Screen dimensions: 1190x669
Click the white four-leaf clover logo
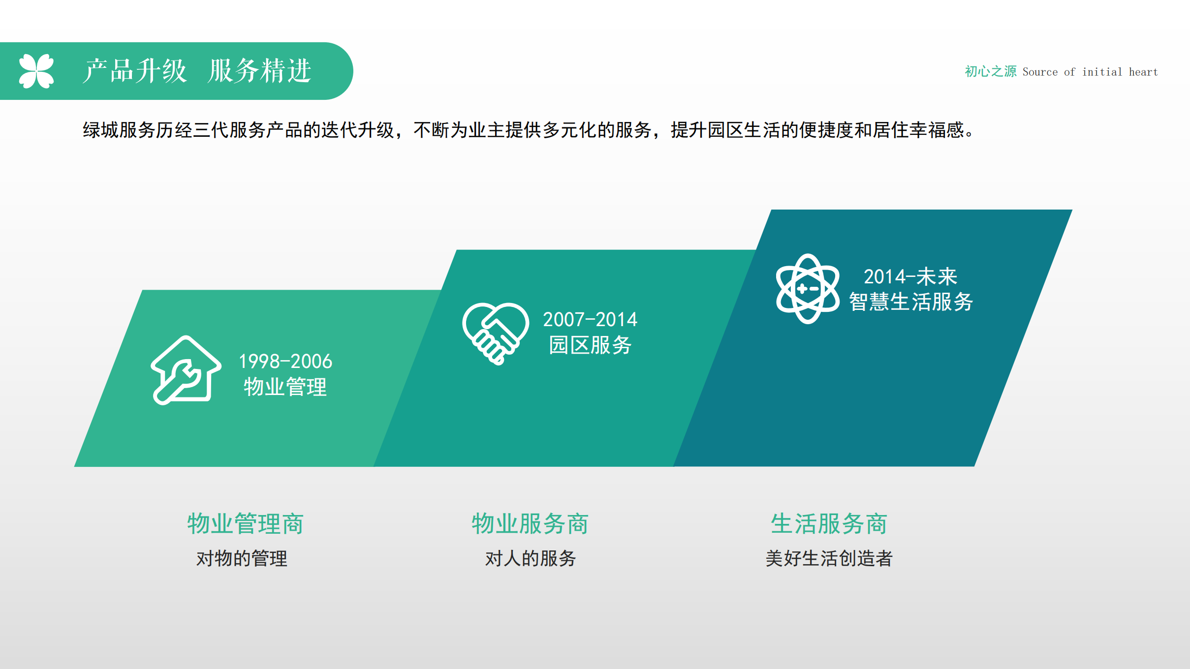[36, 71]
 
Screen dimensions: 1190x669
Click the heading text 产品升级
[135, 71]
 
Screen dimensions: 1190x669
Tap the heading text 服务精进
[259, 71]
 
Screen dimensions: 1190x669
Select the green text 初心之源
[990, 72]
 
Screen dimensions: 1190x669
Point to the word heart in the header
[1143, 72]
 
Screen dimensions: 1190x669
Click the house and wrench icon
[186, 370]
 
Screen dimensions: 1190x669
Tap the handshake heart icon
[496, 334]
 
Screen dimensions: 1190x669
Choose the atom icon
[808, 289]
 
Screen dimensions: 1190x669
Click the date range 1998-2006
[285, 362]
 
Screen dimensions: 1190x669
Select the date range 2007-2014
[590, 320]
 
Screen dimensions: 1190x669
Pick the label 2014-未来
[910, 276]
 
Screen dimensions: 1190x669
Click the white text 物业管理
[285, 387]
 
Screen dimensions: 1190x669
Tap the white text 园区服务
[590, 345]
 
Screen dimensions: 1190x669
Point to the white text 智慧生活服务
[911, 302]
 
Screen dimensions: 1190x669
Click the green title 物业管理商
[246, 523]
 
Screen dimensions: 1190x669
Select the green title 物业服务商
[530, 523]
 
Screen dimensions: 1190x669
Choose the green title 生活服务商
[829, 523]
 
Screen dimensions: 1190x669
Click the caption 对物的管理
[242, 559]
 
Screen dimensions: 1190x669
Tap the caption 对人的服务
[531, 559]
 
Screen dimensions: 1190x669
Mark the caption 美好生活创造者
[829, 559]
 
